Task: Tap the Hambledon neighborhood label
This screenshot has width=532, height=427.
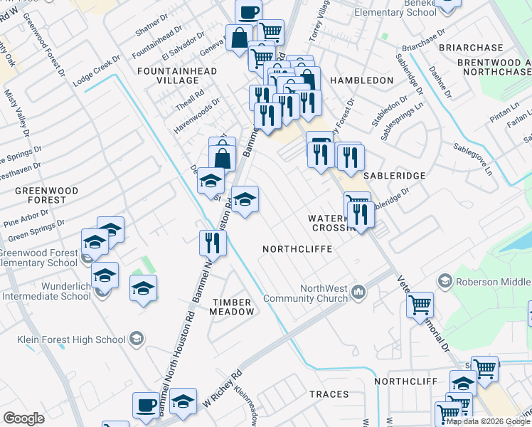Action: tap(361, 80)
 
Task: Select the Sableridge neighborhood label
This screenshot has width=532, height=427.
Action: tap(394, 175)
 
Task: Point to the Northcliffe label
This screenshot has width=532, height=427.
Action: tap(294, 249)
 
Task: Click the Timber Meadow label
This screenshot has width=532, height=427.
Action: tap(233, 307)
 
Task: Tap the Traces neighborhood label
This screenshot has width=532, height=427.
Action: tap(329, 394)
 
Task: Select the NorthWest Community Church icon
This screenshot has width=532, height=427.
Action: tap(360, 292)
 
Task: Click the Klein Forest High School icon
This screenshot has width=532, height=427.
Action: tap(136, 340)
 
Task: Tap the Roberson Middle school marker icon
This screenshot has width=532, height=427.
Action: tap(446, 281)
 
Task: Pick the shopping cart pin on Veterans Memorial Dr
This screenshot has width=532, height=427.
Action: tap(420, 304)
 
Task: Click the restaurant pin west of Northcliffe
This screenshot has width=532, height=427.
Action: tap(212, 242)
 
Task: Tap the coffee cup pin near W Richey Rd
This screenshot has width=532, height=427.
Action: tap(146, 404)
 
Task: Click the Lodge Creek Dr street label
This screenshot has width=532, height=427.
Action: tap(94, 74)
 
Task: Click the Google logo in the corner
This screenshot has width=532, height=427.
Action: tap(24, 418)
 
